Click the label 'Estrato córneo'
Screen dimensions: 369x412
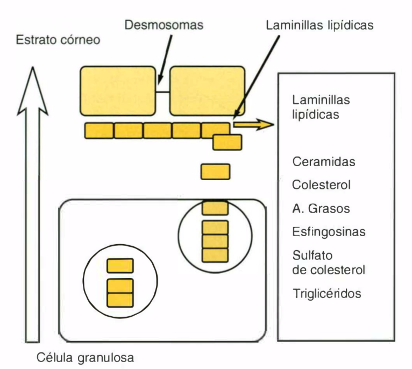click(x=58, y=40)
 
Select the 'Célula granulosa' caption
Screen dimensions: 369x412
click(x=85, y=357)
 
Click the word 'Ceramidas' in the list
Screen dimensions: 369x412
click(x=324, y=162)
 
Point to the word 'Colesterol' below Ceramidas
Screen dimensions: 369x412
click(x=322, y=185)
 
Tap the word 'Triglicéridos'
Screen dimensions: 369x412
click(x=327, y=294)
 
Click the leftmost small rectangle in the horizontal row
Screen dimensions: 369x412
click(x=99, y=131)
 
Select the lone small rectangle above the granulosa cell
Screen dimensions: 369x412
click(x=215, y=172)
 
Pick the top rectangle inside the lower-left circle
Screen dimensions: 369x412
click(x=119, y=266)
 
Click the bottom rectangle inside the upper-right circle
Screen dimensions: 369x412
click(x=215, y=255)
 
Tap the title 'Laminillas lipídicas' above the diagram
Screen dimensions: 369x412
click(x=319, y=25)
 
